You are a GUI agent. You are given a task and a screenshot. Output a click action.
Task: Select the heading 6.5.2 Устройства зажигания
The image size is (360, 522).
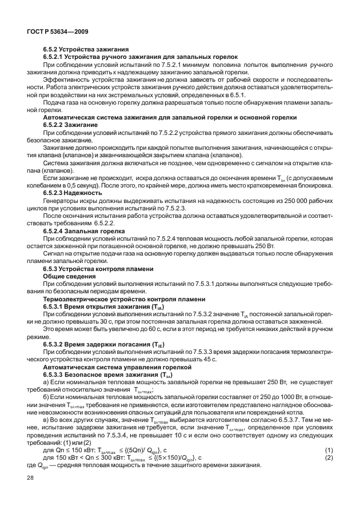[x=86, y=50]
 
